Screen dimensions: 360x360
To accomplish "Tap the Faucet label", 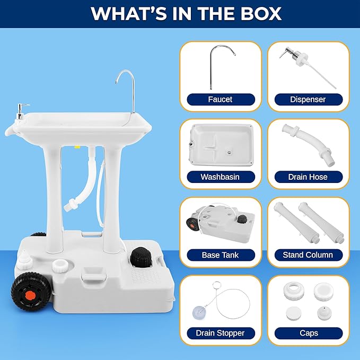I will (220, 99).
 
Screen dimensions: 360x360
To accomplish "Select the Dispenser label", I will (308, 99).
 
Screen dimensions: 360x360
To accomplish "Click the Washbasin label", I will (220, 177).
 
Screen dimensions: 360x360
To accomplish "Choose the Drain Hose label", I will (308, 177).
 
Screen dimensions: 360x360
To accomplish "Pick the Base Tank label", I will (220, 255).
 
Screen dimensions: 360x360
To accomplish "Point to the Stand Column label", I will (308, 255).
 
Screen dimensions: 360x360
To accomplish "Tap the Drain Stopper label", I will (220, 333).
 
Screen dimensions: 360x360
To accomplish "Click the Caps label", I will (308, 333).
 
